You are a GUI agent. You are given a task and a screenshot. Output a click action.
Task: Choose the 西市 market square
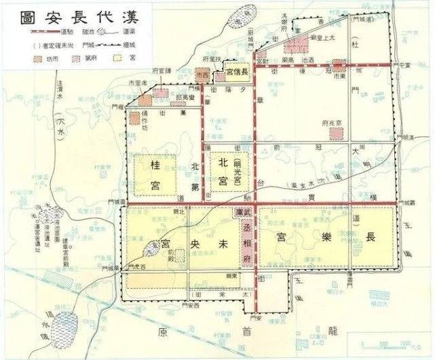(x=202, y=73)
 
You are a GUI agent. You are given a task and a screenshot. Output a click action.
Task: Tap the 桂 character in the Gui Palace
(x=153, y=163)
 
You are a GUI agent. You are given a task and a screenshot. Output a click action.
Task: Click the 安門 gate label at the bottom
(x=255, y=318)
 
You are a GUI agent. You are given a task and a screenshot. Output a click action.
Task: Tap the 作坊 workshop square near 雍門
(x=135, y=119)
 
